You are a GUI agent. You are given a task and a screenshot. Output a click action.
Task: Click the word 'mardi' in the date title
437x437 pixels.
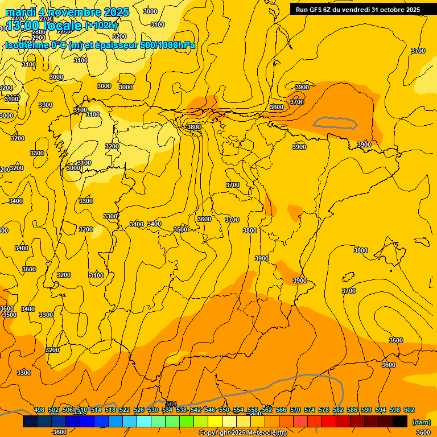click(x=20, y=12)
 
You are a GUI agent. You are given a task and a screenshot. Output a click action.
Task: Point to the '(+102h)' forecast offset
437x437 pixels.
click(x=101, y=26)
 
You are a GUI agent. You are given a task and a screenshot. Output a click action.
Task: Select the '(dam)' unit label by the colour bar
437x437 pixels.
click(x=420, y=422)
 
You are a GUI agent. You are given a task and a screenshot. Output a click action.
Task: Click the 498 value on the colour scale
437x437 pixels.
click(x=39, y=410)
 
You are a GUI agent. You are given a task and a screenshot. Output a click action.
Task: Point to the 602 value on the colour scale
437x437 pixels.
click(x=409, y=410)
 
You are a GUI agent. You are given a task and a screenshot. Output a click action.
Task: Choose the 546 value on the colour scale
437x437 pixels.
click(x=210, y=410)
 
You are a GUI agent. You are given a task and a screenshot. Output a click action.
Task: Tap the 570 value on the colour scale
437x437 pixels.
click(x=295, y=410)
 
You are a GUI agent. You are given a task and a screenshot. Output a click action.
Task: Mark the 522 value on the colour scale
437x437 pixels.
click(x=125, y=410)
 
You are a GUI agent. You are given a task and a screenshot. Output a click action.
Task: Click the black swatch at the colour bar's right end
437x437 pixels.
click(x=400, y=422)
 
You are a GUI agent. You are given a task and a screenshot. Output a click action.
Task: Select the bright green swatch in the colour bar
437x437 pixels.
click(x=187, y=422)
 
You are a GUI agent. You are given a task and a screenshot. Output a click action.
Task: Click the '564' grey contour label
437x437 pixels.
click(x=171, y=404)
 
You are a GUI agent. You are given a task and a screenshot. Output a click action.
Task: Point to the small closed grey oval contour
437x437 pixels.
click(x=335, y=122)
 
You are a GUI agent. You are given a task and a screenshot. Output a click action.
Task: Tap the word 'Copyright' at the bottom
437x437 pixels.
click(x=215, y=433)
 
